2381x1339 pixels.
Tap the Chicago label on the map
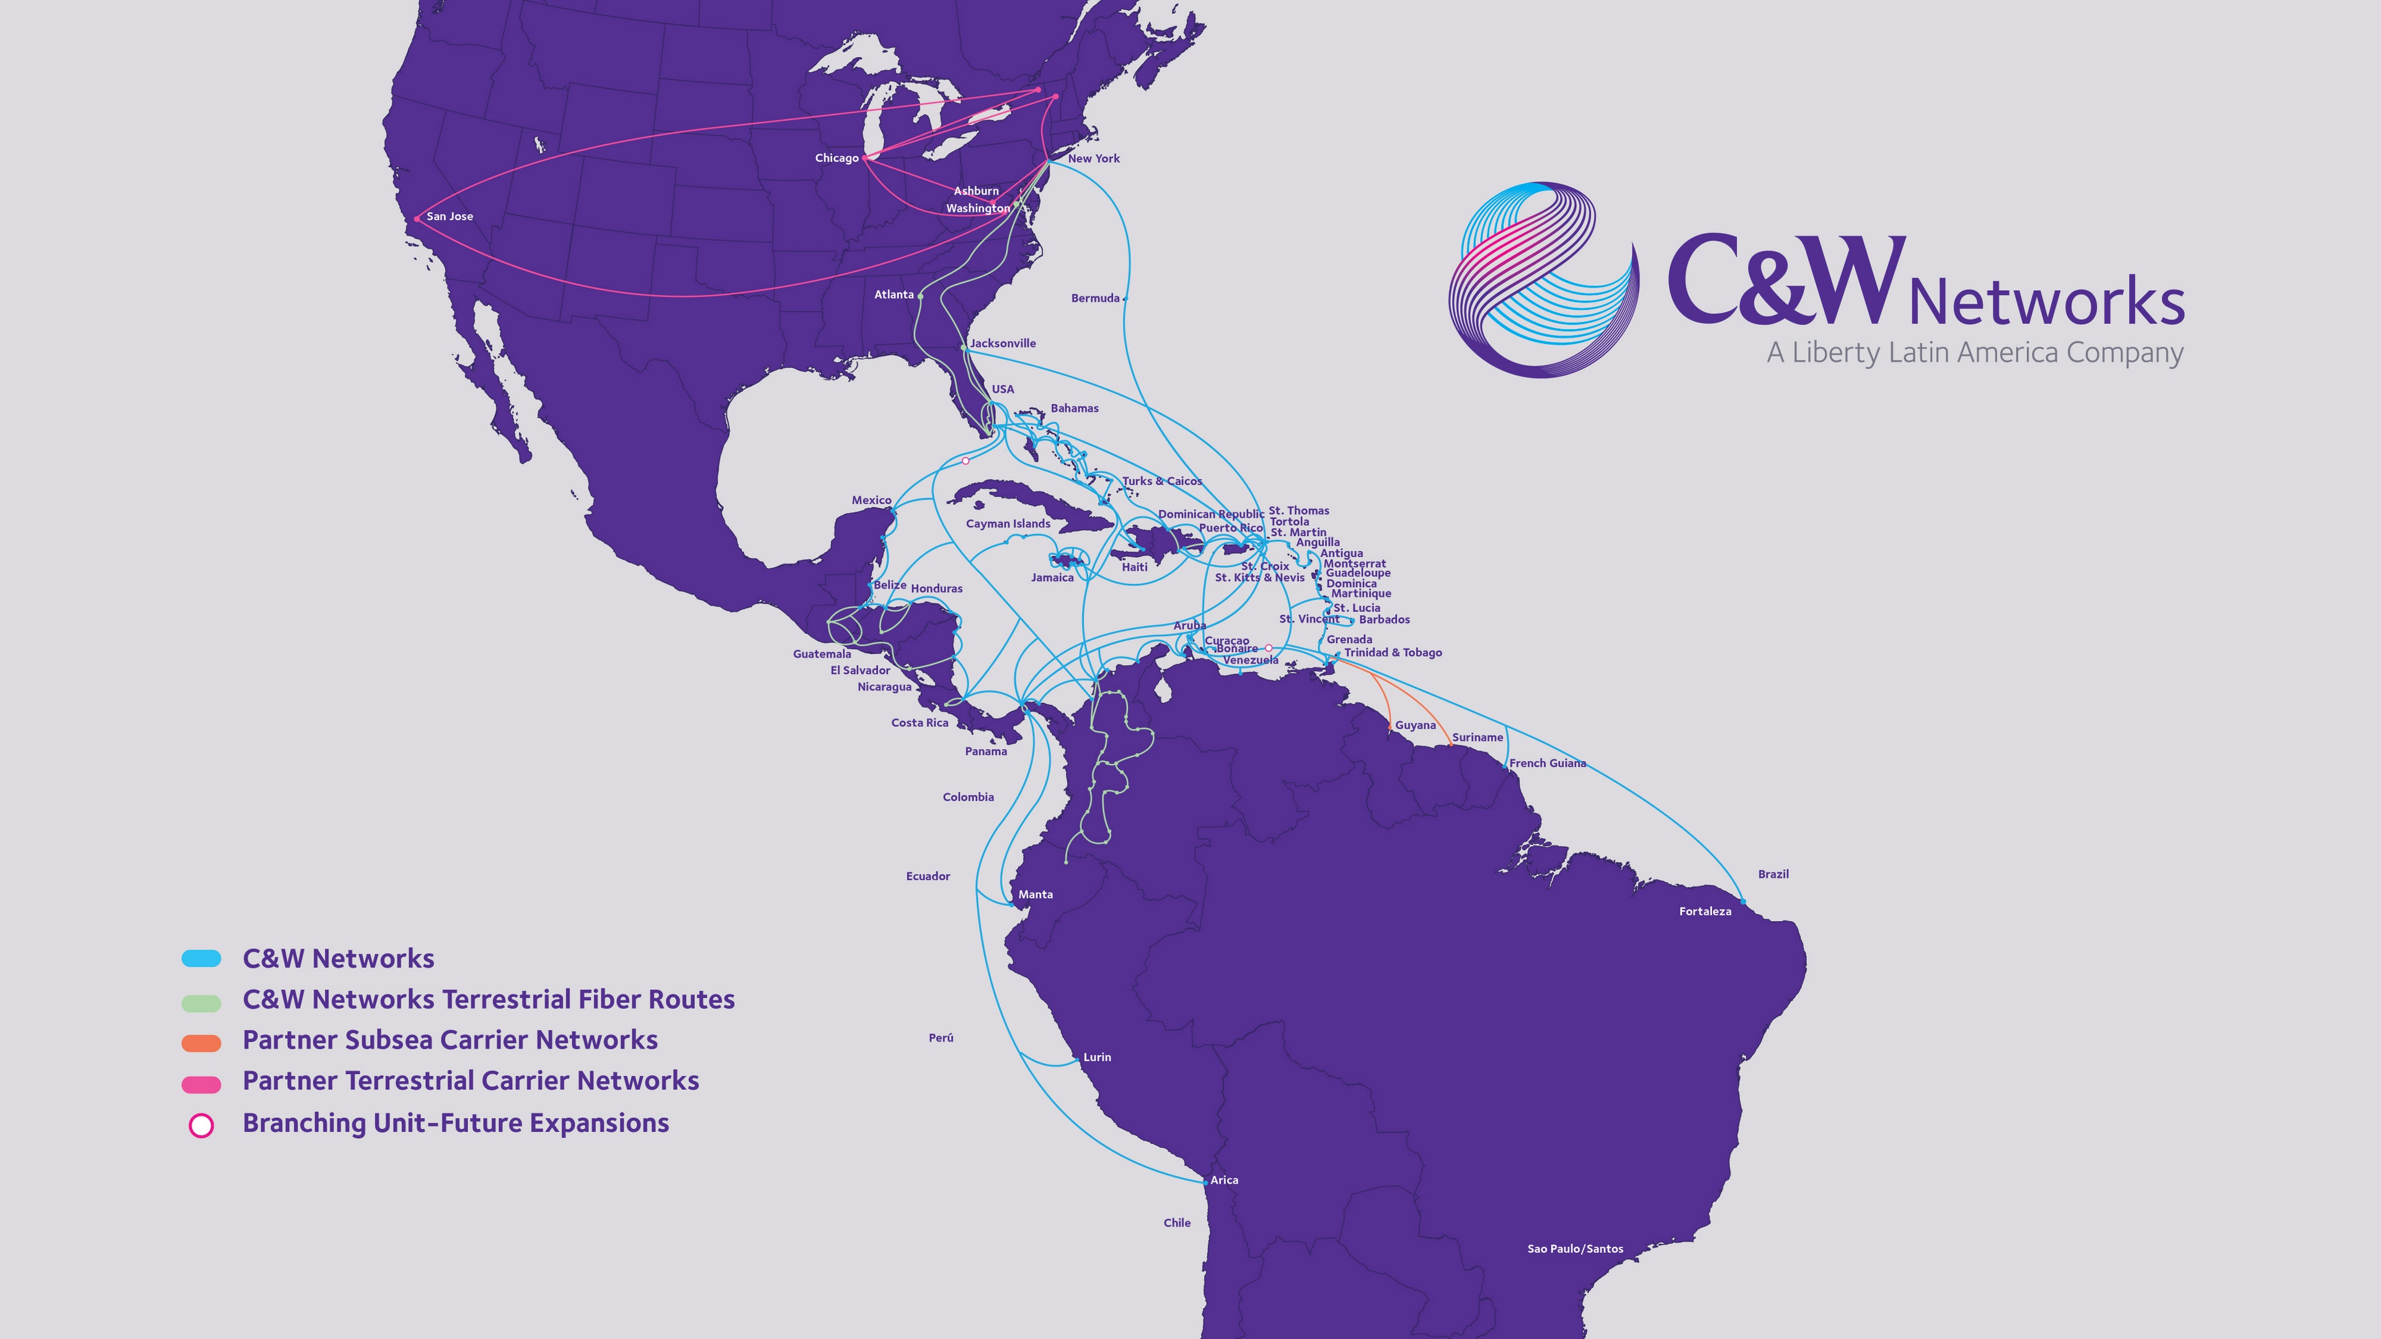pos(836,158)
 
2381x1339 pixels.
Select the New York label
pos(1093,159)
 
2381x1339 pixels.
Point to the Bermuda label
pos(1094,298)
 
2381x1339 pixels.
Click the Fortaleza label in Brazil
pos(1705,911)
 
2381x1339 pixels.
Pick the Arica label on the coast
pos(1224,1180)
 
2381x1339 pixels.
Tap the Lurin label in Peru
pos(1096,1057)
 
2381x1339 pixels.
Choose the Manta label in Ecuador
pos(1035,895)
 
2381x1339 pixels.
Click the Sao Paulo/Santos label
pos(1574,1249)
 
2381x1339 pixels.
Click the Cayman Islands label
pos(1008,524)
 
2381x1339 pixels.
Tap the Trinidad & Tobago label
pos(1392,652)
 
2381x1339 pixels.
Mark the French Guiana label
pos(1547,763)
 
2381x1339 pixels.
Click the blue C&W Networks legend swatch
pos(202,958)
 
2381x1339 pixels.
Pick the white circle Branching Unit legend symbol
pos(202,1125)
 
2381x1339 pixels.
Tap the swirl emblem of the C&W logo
pos(1541,279)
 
